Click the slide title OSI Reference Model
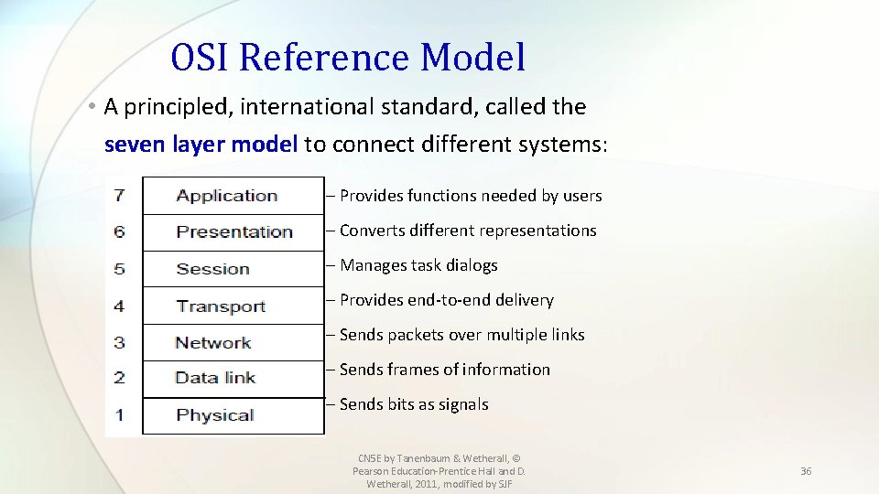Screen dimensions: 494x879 348,57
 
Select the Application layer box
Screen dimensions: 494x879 233,196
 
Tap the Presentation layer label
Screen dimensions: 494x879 234,232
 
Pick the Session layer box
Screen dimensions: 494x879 233,269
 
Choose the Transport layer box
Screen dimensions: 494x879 233,306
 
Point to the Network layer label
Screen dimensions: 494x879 213,343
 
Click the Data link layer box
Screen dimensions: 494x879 233,379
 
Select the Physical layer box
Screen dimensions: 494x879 233,416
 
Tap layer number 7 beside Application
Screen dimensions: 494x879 119,196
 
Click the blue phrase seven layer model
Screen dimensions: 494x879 201,145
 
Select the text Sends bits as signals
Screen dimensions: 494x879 414,404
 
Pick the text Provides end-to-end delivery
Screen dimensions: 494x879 446,300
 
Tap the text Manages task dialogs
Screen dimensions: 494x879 418,265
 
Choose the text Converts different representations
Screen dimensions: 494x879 468,231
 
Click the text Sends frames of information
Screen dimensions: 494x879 445,370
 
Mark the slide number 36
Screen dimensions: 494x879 806,471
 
